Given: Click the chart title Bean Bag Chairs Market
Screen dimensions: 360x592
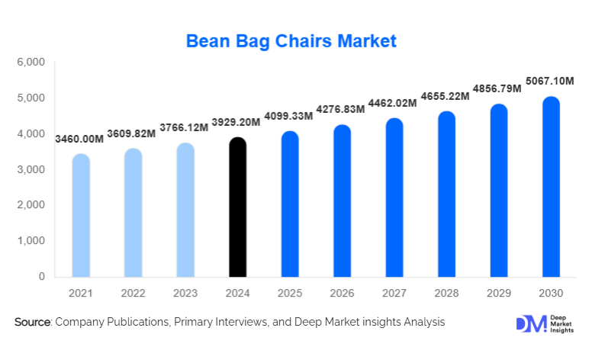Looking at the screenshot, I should pyautogui.click(x=292, y=40).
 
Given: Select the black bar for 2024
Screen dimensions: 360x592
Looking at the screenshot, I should pyautogui.click(x=238, y=207).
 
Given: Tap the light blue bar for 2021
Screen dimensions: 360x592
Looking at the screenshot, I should pyautogui.click(x=81, y=216).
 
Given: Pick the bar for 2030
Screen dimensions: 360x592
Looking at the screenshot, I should pyautogui.click(x=551, y=187).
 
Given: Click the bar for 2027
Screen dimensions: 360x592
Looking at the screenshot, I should pyautogui.click(x=394, y=198).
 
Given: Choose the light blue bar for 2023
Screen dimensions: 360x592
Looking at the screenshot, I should pyautogui.click(x=185, y=210).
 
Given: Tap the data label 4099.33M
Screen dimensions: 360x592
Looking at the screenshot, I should pyautogui.click(x=289, y=116).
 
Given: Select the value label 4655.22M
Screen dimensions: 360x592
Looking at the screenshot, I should pyautogui.click(x=446, y=96).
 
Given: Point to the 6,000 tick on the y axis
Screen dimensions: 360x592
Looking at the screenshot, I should pyautogui.click(x=31, y=63).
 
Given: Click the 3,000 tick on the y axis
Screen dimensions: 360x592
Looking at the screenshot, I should pyautogui.click(x=31, y=169).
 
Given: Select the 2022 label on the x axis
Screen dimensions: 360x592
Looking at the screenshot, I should pyautogui.click(x=133, y=293).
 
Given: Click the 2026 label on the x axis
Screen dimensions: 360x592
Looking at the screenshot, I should pyautogui.click(x=342, y=293).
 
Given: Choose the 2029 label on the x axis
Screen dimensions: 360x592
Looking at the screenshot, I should pyautogui.click(x=499, y=293).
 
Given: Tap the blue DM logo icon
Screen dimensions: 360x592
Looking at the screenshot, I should pyautogui.click(x=526, y=323).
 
